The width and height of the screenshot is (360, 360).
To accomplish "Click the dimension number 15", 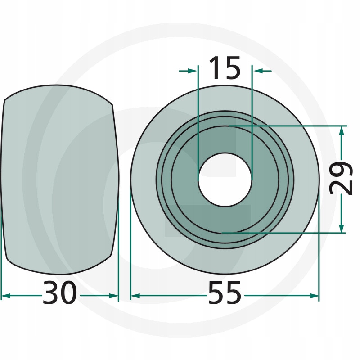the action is coord(225,68).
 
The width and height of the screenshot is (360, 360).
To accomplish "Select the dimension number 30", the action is coord(60,293).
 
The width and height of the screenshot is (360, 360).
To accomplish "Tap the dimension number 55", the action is coord(225,293).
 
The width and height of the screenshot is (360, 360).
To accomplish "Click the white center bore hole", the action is coord(225,180).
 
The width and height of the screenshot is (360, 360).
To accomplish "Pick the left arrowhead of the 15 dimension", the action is coord(193,71).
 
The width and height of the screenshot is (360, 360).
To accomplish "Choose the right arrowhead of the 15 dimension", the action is coord(258,71).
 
